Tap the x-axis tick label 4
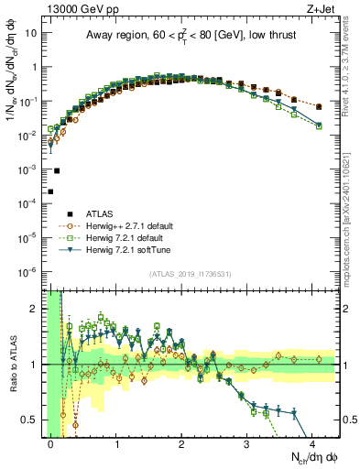click(x=313, y=442)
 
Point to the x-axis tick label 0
click(x=51, y=442)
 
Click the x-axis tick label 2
click(x=182, y=442)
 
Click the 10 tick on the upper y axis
click(x=31, y=32)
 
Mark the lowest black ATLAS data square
click(x=50, y=191)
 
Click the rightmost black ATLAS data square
click(x=319, y=107)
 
